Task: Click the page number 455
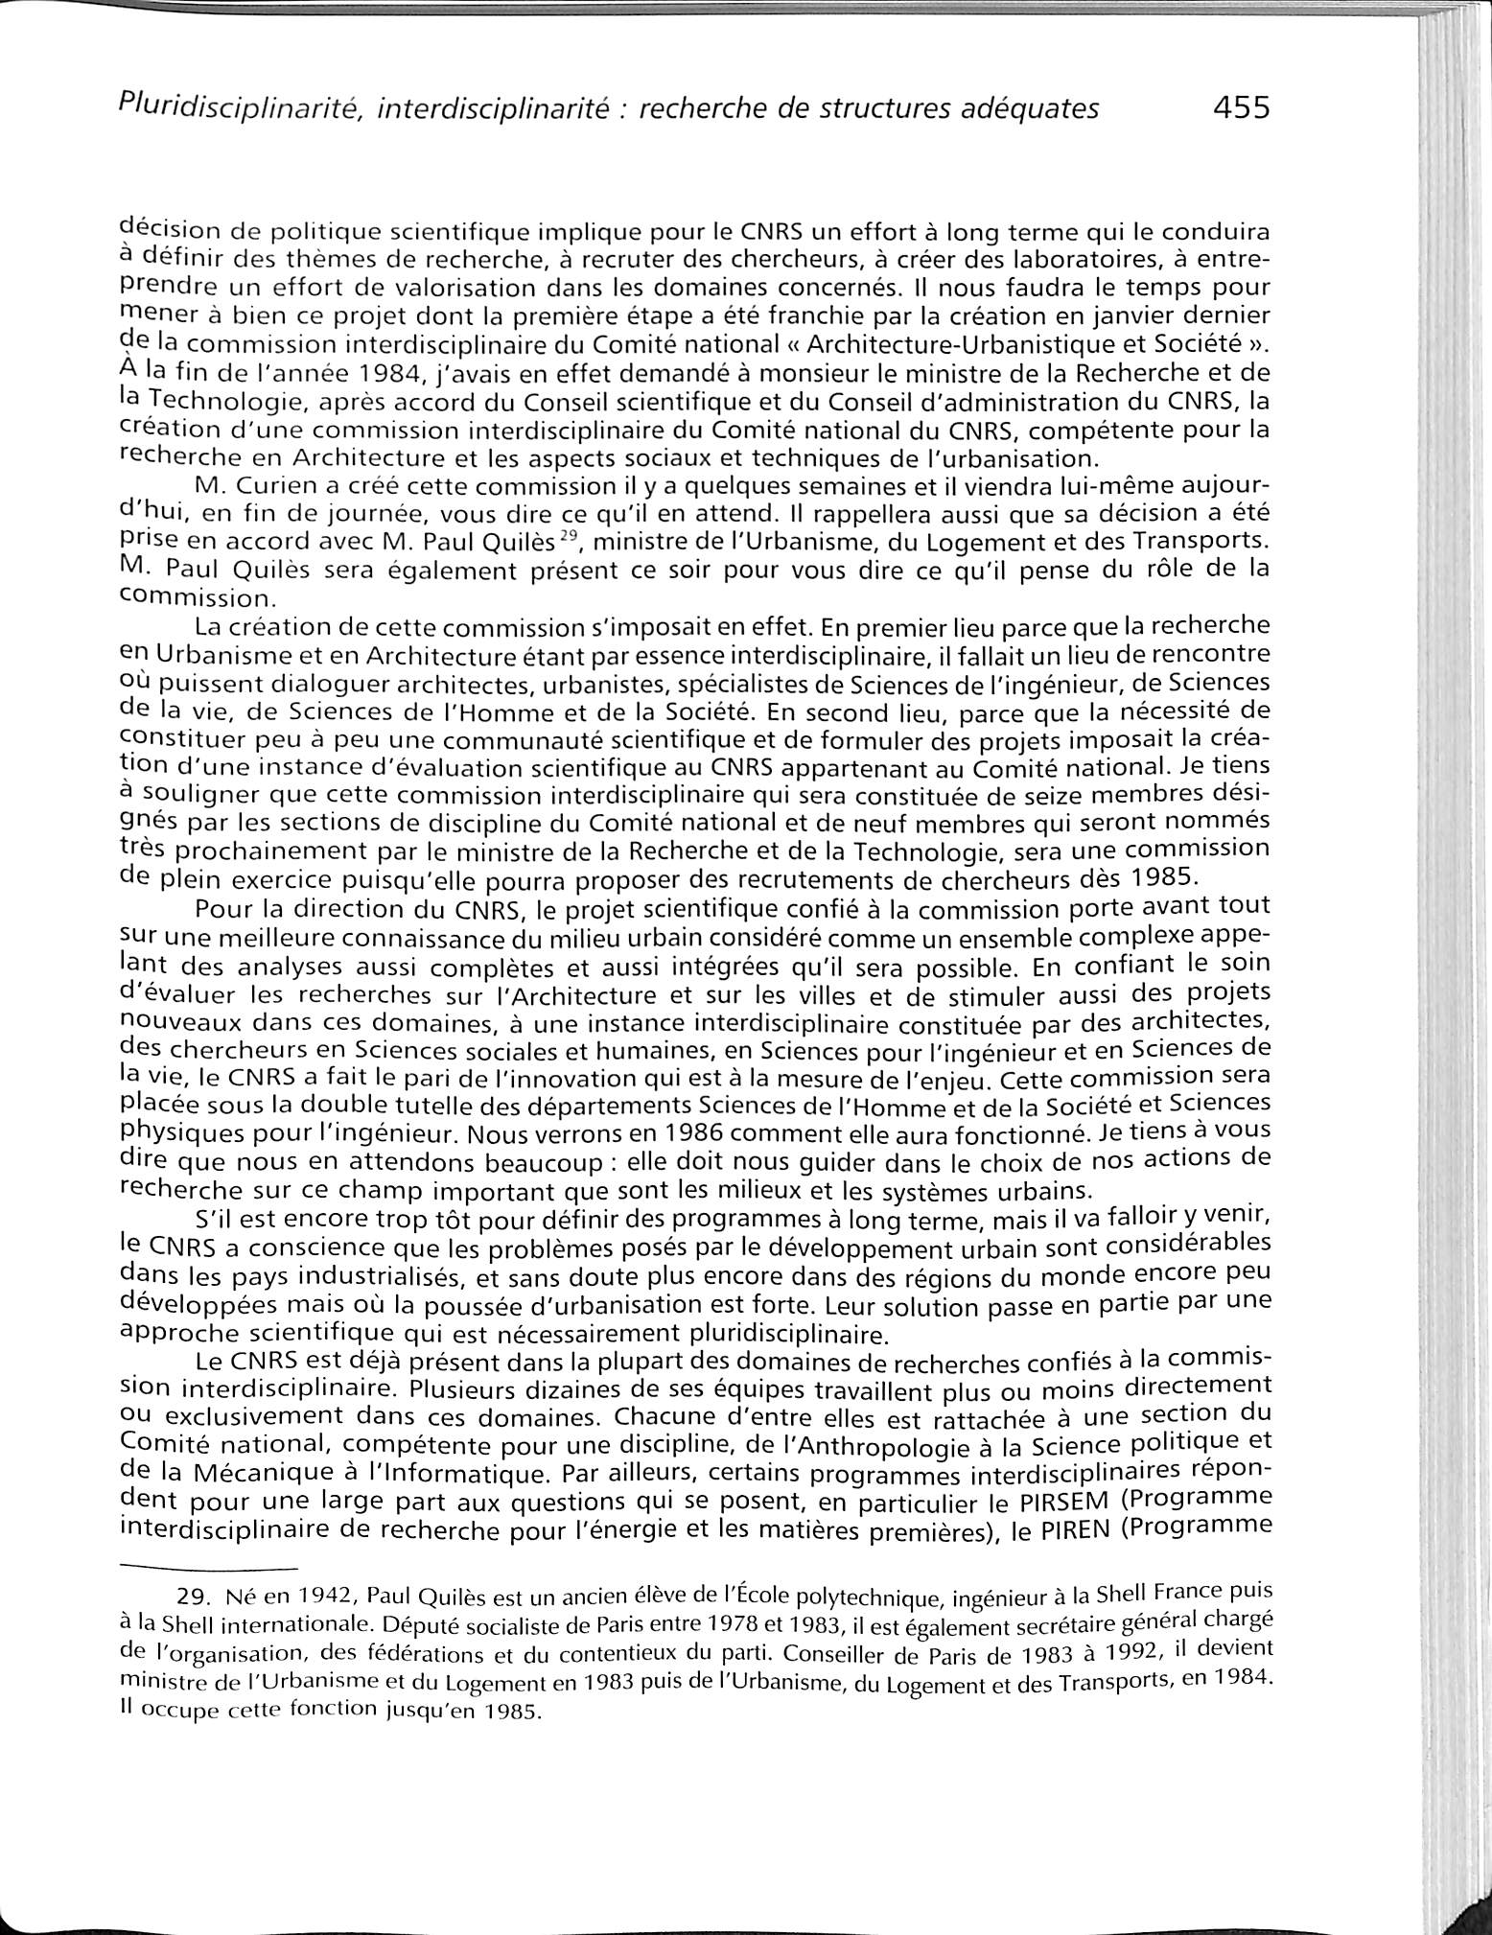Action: coord(1240,107)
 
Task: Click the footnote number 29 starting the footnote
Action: coord(196,1597)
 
